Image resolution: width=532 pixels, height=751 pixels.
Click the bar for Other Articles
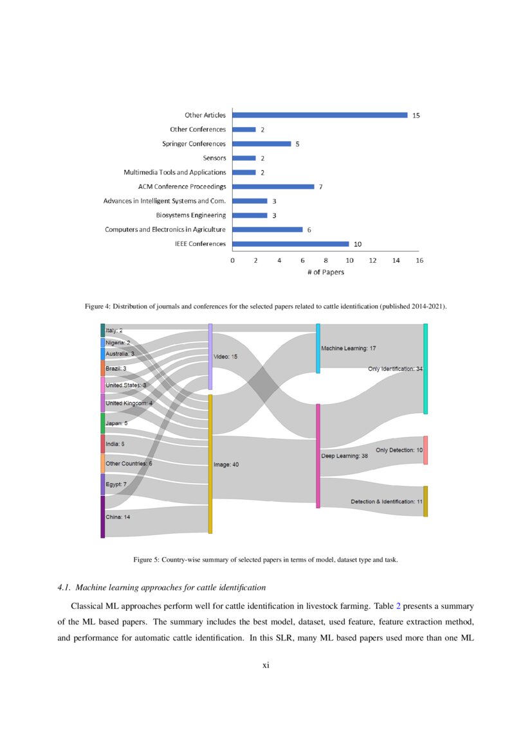pyautogui.click(x=320, y=115)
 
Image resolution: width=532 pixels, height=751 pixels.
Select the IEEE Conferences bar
pyautogui.click(x=290, y=244)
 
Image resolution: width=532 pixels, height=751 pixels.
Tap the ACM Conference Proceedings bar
pyautogui.click(x=273, y=187)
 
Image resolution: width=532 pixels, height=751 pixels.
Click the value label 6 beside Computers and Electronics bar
pyautogui.click(x=309, y=230)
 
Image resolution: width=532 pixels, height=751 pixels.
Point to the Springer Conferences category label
pyautogui.click(x=194, y=144)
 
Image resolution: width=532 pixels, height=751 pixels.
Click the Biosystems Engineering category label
pyautogui.click(x=191, y=215)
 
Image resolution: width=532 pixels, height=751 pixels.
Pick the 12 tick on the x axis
pyautogui.click(x=372, y=261)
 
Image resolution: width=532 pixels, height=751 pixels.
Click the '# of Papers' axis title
pyautogui.click(x=325, y=272)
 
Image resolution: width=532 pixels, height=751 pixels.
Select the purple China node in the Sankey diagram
pyautogui.click(x=102, y=517)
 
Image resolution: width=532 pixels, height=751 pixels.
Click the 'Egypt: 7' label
pyautogui.click(x=120, y=484)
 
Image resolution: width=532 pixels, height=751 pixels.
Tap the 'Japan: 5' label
pyautogui.click(x=116, y=423)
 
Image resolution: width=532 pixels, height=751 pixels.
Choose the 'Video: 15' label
pyautogui.click(x=225, y=356)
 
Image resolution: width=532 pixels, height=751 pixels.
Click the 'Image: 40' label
pyautogui.click(x=226, y=464)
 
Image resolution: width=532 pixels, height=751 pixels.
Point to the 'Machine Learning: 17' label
pyautogui.click(x=348, y=348)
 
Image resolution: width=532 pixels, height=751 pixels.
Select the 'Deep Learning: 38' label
pyautogui.click(x=344, y=456)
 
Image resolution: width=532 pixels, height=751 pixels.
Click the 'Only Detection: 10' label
pyautogui.click(x=399, y=450)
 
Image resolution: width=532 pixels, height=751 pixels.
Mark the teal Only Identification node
pyautogui.click(x=425, y=369)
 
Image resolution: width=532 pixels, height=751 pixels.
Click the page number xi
pyautogui.click(x=266, y=665)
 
